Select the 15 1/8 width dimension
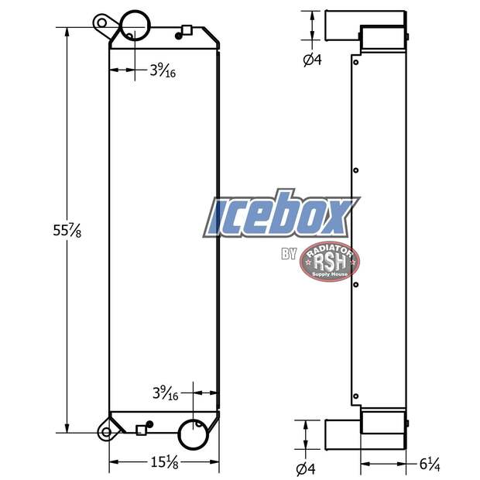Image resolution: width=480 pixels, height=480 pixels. pos(163,464)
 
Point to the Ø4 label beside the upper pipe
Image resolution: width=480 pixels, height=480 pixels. pos(312,60)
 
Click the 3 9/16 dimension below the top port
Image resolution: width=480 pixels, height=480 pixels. pos(163,71)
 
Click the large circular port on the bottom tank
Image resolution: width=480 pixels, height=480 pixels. pos(193,434)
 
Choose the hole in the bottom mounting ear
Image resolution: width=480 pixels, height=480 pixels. pos(103,431)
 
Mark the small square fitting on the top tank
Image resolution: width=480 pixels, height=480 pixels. pos(186,31)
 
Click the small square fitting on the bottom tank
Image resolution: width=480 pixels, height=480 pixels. pos(140,430)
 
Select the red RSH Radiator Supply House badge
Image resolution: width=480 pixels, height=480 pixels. pos(329,260)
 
